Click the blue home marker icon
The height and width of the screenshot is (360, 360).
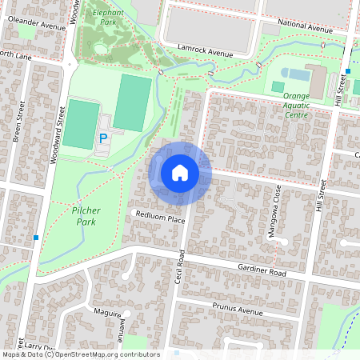(x=180, y=172)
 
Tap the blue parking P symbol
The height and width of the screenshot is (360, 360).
(x=102, y=138)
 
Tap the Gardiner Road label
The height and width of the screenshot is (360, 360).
(x=262, y=271)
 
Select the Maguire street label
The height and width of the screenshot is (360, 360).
(x=106, y=312)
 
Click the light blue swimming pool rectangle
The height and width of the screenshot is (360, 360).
(x=297, y=74)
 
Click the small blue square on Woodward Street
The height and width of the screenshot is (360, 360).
(x=36, y=237)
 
